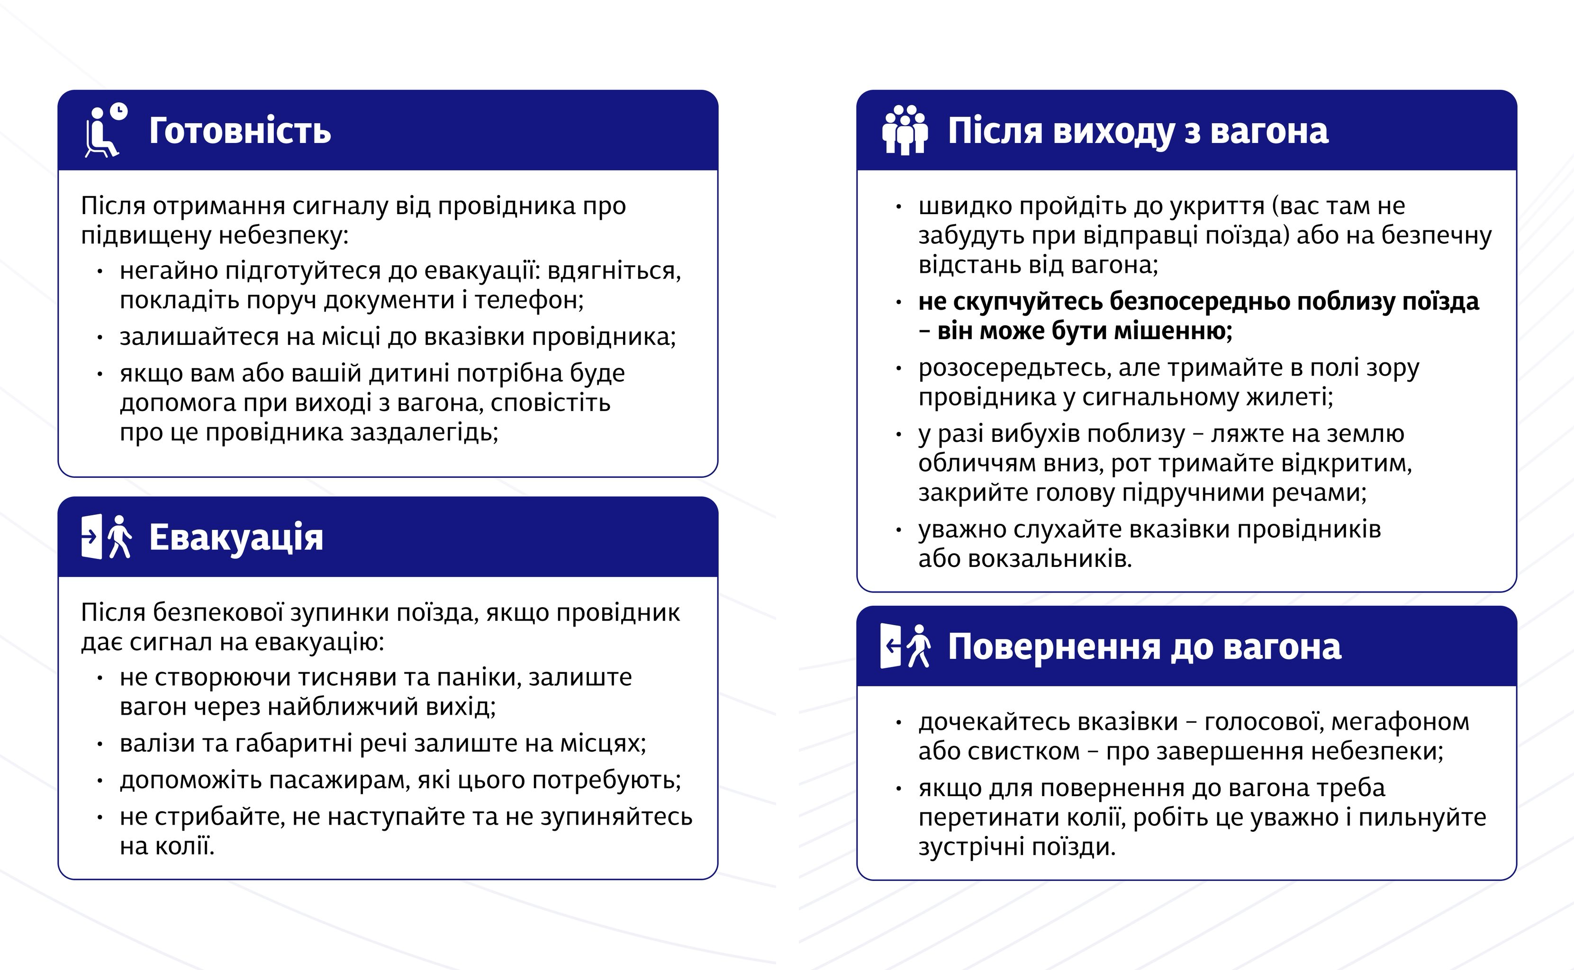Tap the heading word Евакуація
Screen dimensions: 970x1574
coord(236,538)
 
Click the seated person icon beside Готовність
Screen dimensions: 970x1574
coord(101,134)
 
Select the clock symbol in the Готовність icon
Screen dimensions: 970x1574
coord(119,112)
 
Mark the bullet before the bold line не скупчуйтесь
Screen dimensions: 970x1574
coord(898,302)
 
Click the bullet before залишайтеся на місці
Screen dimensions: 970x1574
coord(100,337)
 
